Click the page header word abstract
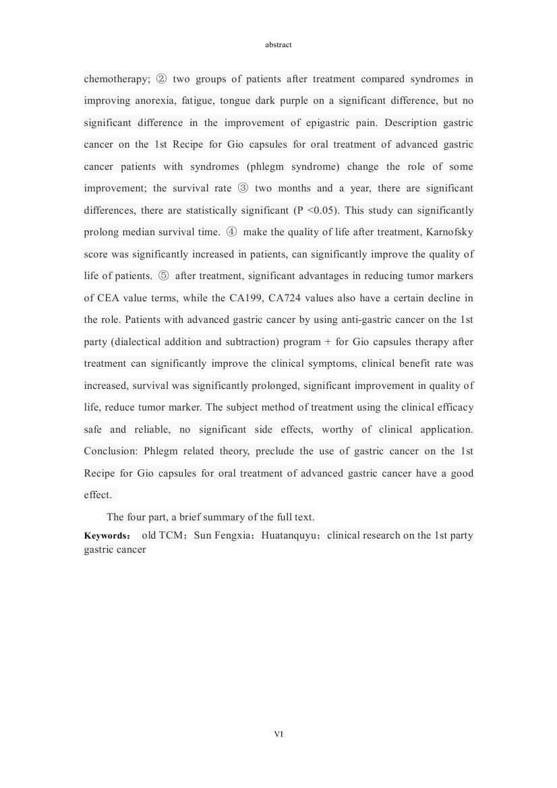coord(278,44)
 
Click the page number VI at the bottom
coord(278,733)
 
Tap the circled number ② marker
coord(161,79)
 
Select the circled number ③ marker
coord(243,188)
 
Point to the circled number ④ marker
coord(231,232)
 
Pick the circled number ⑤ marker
coord(164,276)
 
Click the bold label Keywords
coord(107,536)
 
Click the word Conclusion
coord(111,451)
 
